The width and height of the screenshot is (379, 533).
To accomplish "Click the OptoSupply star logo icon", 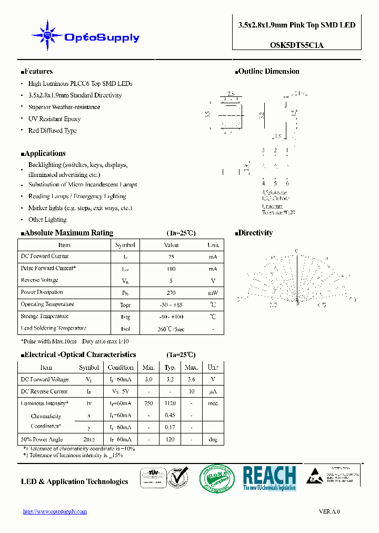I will [x=47, y=36].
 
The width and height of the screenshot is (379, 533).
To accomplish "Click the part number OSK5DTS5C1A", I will [x=297, y=45].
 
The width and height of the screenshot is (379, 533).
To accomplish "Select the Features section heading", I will [x=37, y=72].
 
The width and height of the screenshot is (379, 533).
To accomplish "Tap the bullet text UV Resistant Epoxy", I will [x=54, y=119].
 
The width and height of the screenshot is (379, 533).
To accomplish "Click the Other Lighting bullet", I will [x=47, y=220].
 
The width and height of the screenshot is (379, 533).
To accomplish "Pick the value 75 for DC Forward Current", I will [x=171, y=256].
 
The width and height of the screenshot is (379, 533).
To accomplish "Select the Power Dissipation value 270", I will [x=171, y=293].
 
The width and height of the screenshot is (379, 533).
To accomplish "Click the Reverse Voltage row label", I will [x=39, y=280].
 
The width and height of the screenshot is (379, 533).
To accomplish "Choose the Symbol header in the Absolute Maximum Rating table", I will [x=125, y=245].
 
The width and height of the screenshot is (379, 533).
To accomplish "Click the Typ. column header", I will [x=170, y=368].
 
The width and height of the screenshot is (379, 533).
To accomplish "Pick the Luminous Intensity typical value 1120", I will [x=170, y=403].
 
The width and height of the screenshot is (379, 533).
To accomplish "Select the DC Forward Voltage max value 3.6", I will [x=192, y=380].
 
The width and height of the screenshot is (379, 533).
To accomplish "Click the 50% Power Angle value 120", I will [x=170, y=439].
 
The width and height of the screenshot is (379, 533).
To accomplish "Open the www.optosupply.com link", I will [x=55, y=511].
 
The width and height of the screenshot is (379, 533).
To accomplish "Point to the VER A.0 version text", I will [x=330, y=511].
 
